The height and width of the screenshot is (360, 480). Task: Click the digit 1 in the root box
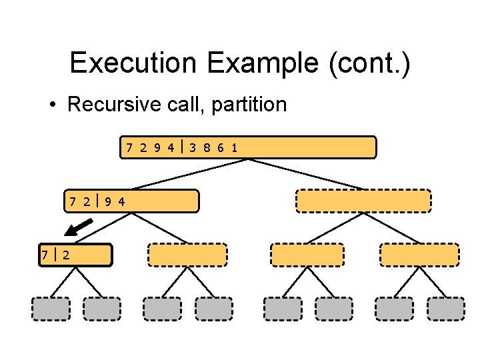pyautogui.click(x=234, y=147)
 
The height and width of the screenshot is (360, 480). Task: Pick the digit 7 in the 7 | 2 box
pyautogui.click(x=45, y=254)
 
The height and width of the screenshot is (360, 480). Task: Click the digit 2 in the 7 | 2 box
pyautogui.click(x=67, y=254)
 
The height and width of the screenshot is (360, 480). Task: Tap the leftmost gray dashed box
pyautogui.click(x=51, y=308)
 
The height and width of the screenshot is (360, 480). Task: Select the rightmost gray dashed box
pyautogui.click(x=445, y=308)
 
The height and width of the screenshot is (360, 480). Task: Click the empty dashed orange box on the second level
pyautogui.click(x=363, y=201)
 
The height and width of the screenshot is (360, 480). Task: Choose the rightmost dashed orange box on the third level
pyautogui.click(x=419, y=255)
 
